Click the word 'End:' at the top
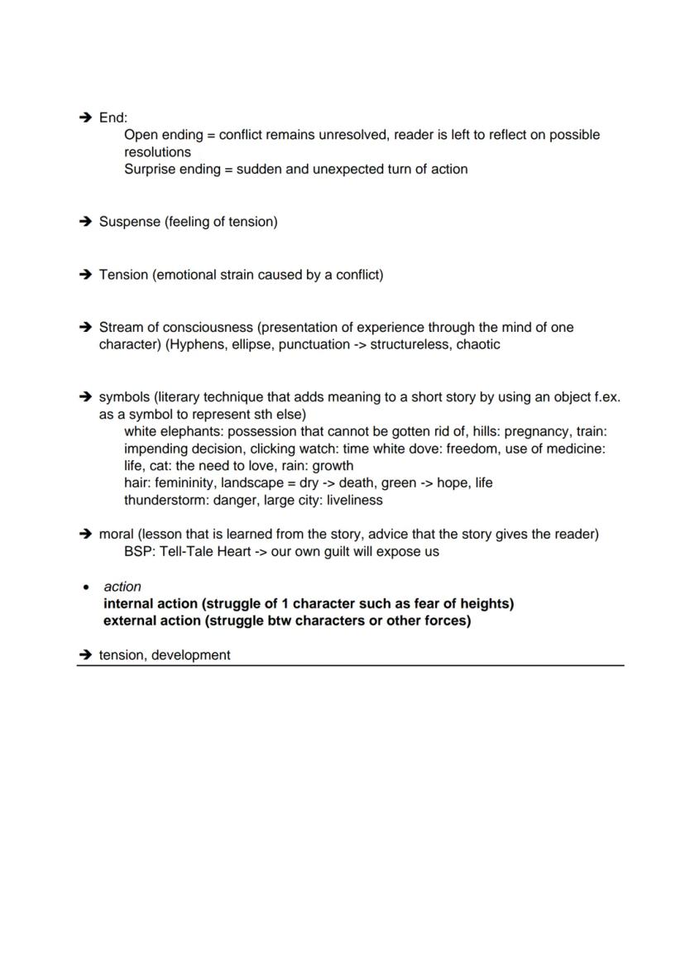(113, 118)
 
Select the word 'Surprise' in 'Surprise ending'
(150, 169)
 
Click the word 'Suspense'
(129, 222)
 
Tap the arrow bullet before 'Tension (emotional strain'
(84, 275)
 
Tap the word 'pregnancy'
(537, 431)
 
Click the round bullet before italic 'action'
(85, 587)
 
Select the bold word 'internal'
(130, 603)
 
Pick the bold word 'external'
(132, 621)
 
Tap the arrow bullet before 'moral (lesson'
(84, 534)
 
